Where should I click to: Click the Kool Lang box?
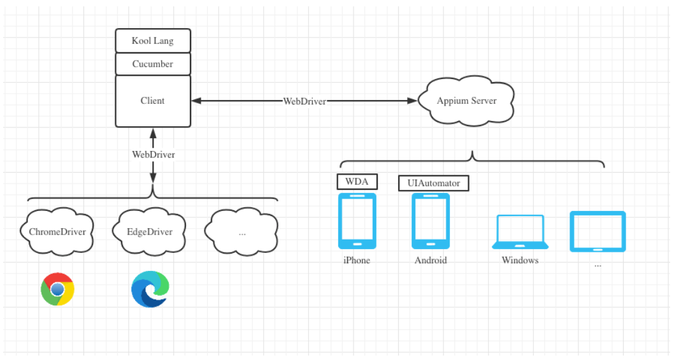click(153, 41)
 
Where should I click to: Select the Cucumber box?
click(153, 64)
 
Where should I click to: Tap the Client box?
click(153, 101)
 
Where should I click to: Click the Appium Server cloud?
click(467, 101)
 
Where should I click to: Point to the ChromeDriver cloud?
click(57, 231)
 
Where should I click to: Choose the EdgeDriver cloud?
click(150, 231)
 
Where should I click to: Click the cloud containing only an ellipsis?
click(242, 231)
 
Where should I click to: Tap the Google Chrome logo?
click(57, 290)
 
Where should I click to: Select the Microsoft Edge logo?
click(150, 289)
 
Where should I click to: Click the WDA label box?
click(357, 182)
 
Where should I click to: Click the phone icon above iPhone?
click(357, 221)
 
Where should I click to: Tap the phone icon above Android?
click(431, 221)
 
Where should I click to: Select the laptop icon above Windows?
click(520, 232)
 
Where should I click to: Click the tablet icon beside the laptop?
click(598, 231)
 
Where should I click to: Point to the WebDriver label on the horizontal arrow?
click(305, 101)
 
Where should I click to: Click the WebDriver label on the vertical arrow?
click(153, 154)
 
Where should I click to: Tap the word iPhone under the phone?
click(357, 260)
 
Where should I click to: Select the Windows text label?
click(520, 260)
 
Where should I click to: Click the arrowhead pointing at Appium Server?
click(413, 101)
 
